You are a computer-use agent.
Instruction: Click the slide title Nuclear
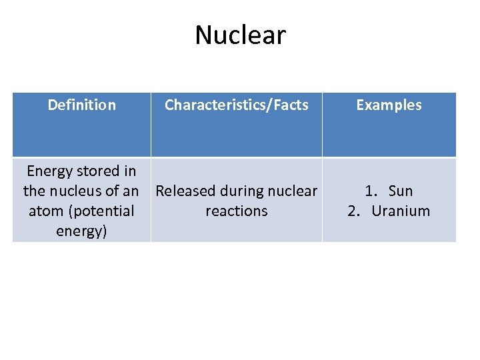pyautogui.click(x=240, y=35)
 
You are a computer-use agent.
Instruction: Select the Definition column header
pyautogui.click(x=81, y=105)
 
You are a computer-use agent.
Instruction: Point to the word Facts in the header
pyautogui.click(x=288, y=105)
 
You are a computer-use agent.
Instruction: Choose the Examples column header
pyautogui.click(x=389, y=105)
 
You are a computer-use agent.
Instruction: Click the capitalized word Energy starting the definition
pyautogui.click(x=49, y=171)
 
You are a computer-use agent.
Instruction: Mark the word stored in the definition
pyautogui.click(x=97, y=171)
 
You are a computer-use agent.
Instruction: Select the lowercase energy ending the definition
pyautogui.click(x=81, y=231)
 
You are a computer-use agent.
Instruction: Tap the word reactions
pyautogui.click(x=237, y=211)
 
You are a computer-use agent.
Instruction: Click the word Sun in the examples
pyautogui.click(x=400, y=191)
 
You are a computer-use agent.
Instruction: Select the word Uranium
pyautogui.click(x=401, y=211)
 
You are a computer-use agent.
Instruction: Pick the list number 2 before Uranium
pyautogui.click(x=354, y=211)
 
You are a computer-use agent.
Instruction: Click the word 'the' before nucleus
pyautogui.click(x=35, y=191)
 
